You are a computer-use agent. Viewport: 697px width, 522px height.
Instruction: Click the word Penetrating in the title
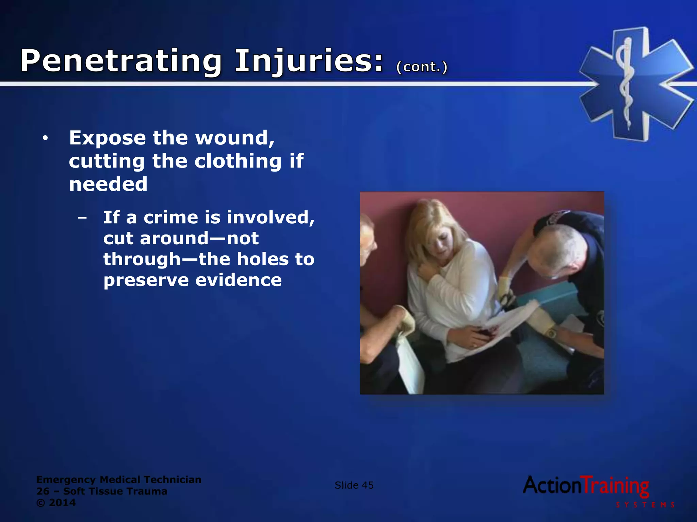click(121, 61)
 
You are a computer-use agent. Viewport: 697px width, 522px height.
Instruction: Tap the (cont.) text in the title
click(422, 67)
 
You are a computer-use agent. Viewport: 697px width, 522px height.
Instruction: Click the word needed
click(108, 184)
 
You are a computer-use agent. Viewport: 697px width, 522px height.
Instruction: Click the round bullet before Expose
click(45, 138)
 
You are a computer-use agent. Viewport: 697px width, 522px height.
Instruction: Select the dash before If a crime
click(82, 217)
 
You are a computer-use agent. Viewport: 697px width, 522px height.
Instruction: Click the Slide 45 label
click(354, 485)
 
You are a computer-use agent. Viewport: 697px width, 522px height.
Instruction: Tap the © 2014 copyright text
click(56, 503)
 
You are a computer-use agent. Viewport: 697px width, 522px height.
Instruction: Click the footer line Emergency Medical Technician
click(119, 480)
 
